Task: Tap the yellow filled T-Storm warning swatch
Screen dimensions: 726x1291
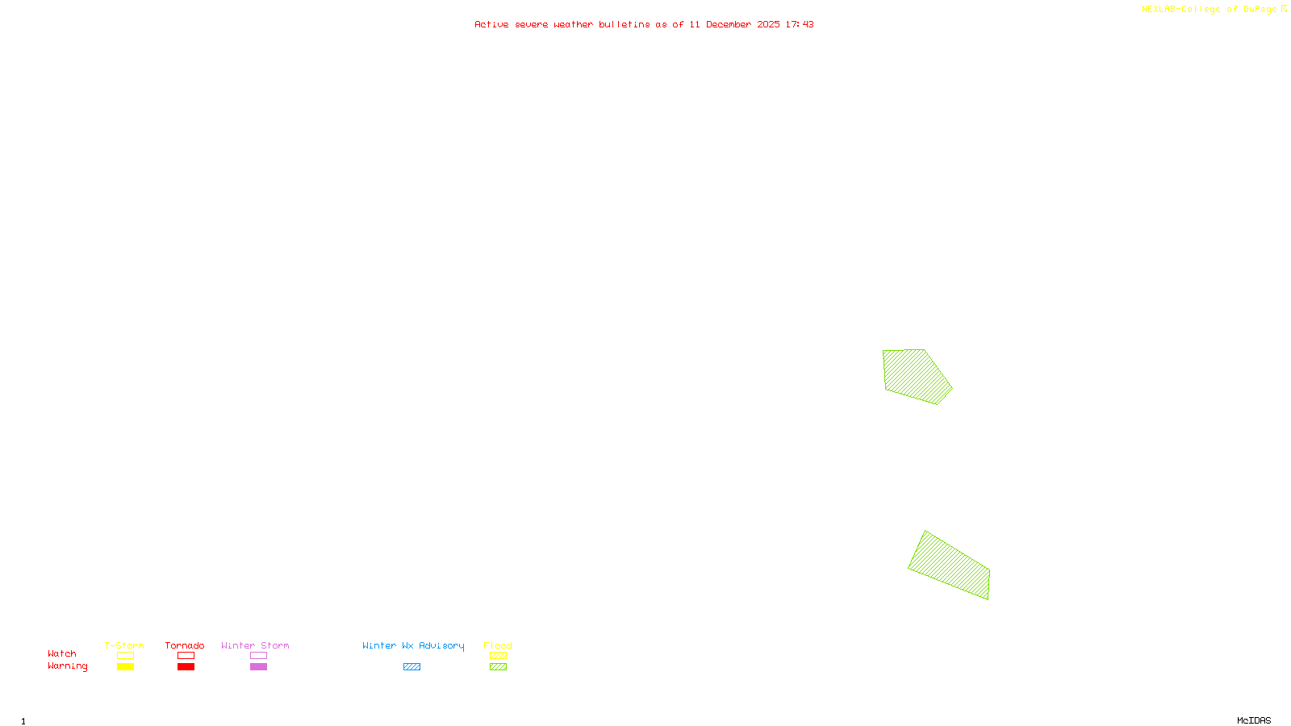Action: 125,667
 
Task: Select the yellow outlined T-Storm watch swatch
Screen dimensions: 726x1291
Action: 125,656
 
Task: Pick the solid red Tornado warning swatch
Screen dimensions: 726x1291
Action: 186,667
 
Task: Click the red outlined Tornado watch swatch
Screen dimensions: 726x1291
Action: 186,656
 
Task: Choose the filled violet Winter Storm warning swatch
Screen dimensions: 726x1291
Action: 258,667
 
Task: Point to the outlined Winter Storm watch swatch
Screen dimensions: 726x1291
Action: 258,656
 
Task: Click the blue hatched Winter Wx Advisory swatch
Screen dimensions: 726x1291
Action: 412,667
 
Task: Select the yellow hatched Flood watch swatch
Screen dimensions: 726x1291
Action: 498,656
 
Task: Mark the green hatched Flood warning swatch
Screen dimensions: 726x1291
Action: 498,667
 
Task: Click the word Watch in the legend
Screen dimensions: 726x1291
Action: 62,653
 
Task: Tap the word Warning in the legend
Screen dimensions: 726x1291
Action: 67,666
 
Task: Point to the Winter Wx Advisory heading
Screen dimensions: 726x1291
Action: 413,645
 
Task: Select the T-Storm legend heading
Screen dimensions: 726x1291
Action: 124,645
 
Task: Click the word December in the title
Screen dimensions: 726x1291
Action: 729,24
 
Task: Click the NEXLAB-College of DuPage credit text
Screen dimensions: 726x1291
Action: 1209,9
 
